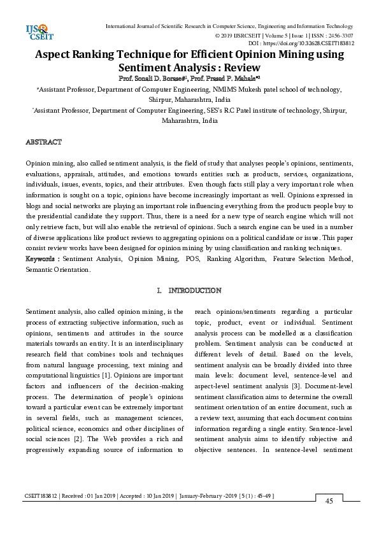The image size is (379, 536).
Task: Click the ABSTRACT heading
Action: (43, 141)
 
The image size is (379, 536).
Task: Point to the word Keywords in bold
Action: (41, 259)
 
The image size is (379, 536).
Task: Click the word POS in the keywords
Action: (190, 259)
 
